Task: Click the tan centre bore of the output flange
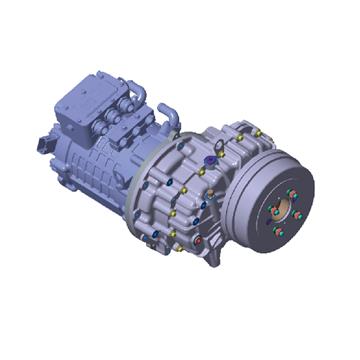[x=297, y=214]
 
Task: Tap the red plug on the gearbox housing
[x=197, y=240]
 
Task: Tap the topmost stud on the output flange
[x=290, y=190]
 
